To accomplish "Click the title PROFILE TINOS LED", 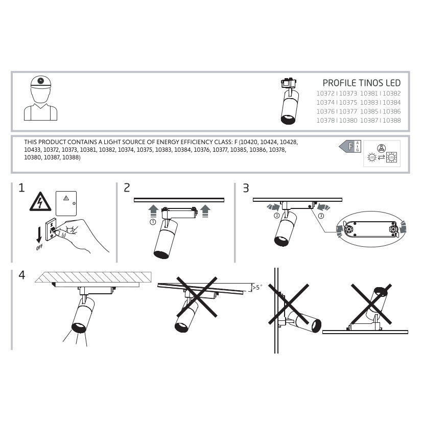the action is pyautogui.click(x=361, y=83).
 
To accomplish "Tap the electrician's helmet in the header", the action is pyautogui.click(x=41, y=81).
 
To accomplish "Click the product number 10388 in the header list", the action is pyautogui.click(x=391, y=120).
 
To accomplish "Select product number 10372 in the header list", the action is pyautogui.click(x=325, y=93).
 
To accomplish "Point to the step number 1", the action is pyautogui.click(x=21, y=188).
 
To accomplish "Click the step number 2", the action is pyautogui.click(x=127, y=188).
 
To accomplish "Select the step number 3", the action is pyautogui.click(x=246, y=188).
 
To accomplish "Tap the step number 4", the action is pyautogui.click(x=22, y=275).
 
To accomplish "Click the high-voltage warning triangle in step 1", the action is pyautogui.click(x=40, y=202).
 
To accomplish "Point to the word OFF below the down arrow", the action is pyautogui.click(x=39, y=247).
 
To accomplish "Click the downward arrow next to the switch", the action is pyautogui.click(x=39, y=235).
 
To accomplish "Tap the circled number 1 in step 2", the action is pyautogui.click(x=153, y=222).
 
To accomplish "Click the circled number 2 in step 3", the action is pyautogui.click(x=276, y=216).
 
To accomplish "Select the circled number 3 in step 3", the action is pyautogui.click(x=321, y=216).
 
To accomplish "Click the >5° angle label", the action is pyautogui.click(x=257, y=288).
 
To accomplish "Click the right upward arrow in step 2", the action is pyautogui.click(x=205, y=210).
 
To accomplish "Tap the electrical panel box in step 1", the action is pyautogui.click(x=66, y=203).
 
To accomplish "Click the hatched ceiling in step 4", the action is pyautogui.click(x=93, y=277).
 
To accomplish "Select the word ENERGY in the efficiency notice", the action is pyautogui.click(x=168, y=142).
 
